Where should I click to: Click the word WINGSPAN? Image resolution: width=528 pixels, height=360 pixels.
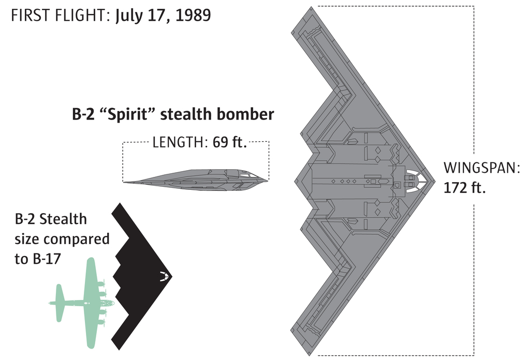pos(481,168)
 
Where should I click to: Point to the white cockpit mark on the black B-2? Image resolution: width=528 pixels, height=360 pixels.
pos(164,276)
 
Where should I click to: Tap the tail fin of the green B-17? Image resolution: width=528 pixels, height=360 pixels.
pos(58,302)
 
